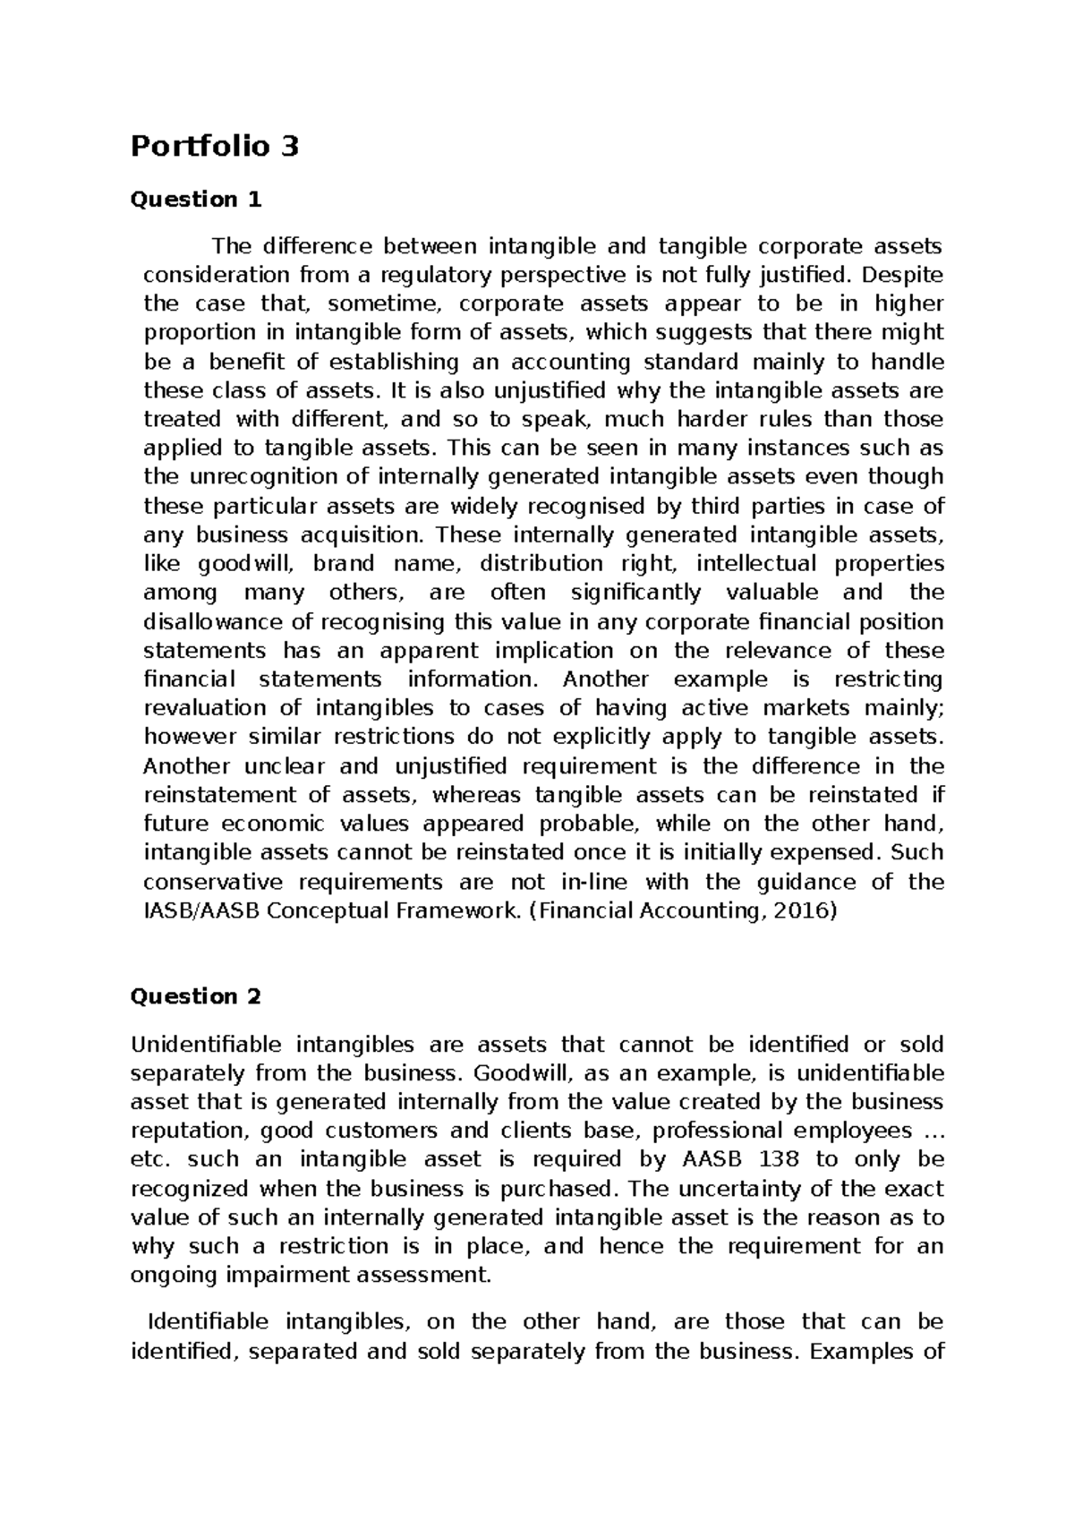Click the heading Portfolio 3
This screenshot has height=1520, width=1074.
pos(215,146)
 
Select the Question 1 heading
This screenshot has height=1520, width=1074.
pos(196,200)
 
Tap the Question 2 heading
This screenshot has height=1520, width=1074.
pos(196,996)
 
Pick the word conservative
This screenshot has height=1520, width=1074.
pos(213,882)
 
